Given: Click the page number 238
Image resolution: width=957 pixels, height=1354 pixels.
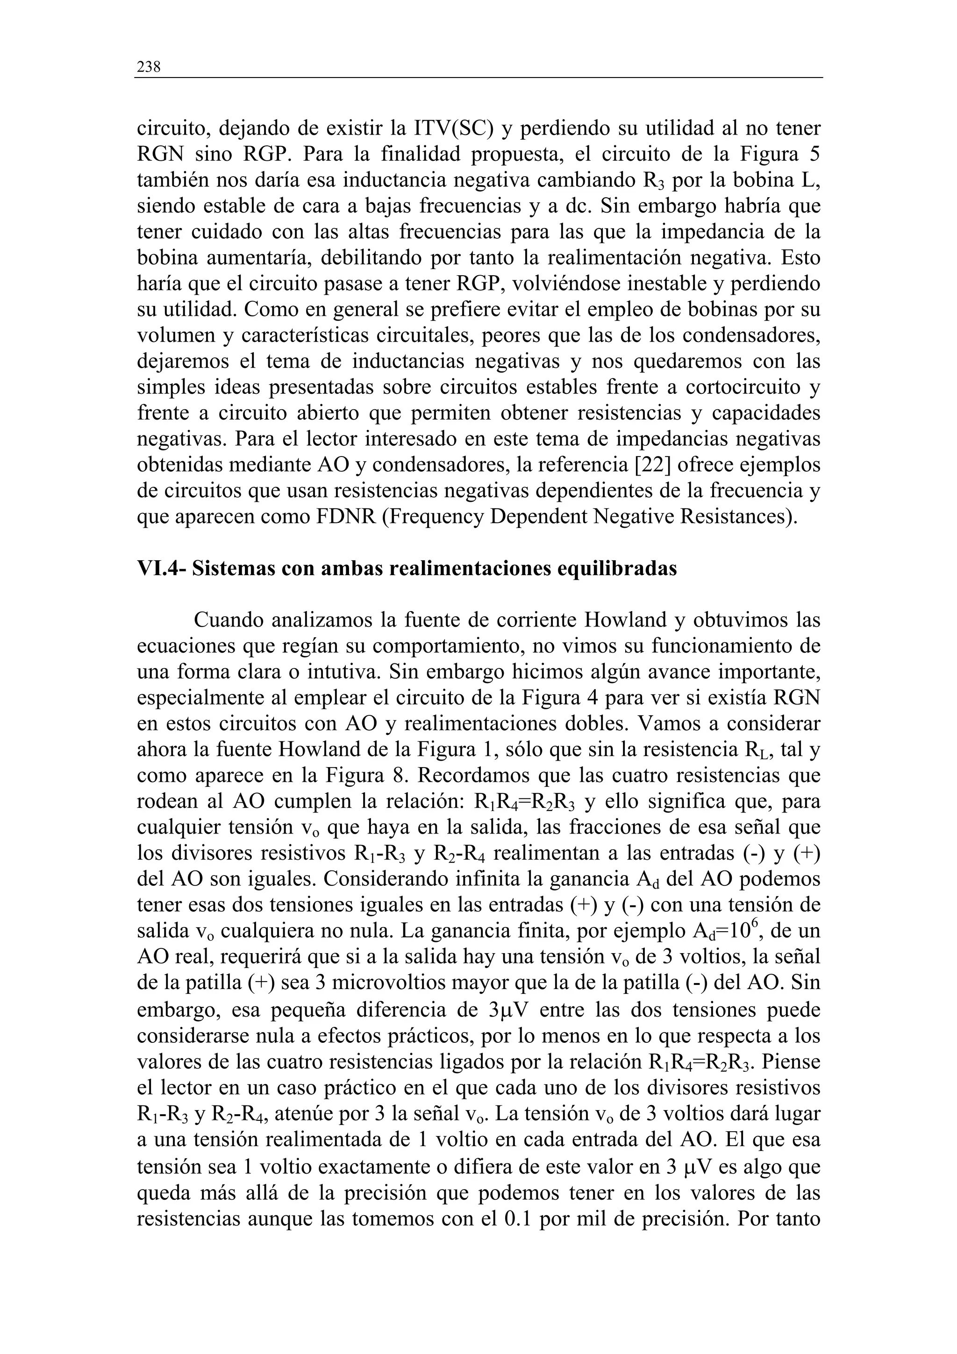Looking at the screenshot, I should point(149,67).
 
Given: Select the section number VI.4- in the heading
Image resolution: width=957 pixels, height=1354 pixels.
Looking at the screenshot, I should point(161,569).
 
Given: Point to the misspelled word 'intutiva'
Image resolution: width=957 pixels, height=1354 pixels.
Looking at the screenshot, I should point(343,672).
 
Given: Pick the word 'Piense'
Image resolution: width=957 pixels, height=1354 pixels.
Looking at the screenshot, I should point(794,1062).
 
